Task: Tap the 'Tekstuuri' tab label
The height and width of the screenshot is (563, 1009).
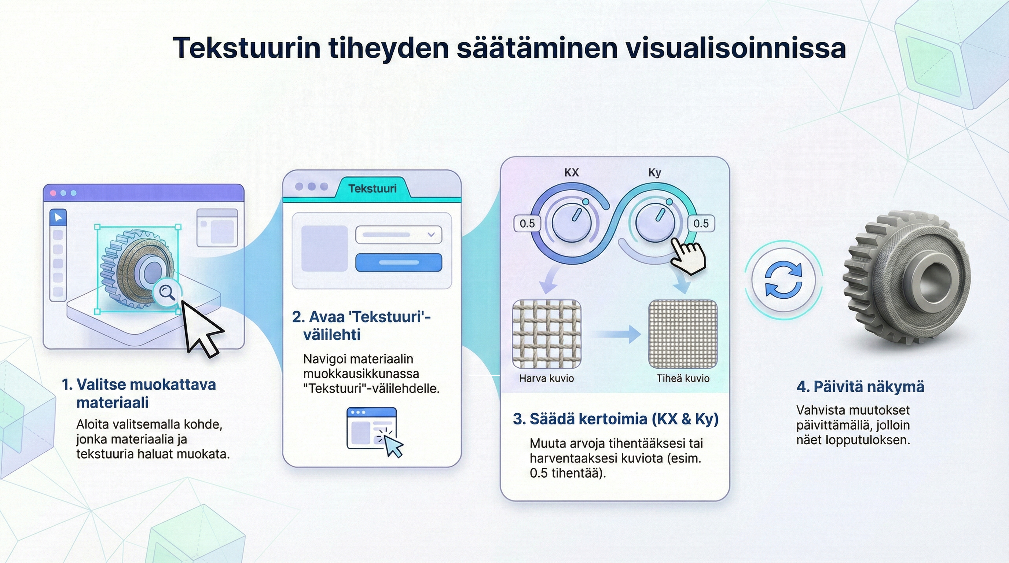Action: (373, 189)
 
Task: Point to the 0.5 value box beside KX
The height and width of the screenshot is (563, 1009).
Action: (527, 224)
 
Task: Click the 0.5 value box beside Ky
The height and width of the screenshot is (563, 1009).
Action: (701, 224)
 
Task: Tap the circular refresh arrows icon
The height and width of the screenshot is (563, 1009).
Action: (784, 280)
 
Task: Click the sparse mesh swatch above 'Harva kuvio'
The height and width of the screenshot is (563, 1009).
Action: (546, 334)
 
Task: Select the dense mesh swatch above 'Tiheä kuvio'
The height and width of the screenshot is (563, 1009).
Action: (683, 334)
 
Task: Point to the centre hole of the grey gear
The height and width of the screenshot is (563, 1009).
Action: (934, 280)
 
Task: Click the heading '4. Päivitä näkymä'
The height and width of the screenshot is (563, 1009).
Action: (860, 387)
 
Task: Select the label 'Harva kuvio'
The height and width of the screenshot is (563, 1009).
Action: (546, 378)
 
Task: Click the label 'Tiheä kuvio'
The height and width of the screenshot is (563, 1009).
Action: (683, 378)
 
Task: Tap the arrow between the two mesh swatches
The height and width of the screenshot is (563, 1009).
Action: (615, 334)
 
